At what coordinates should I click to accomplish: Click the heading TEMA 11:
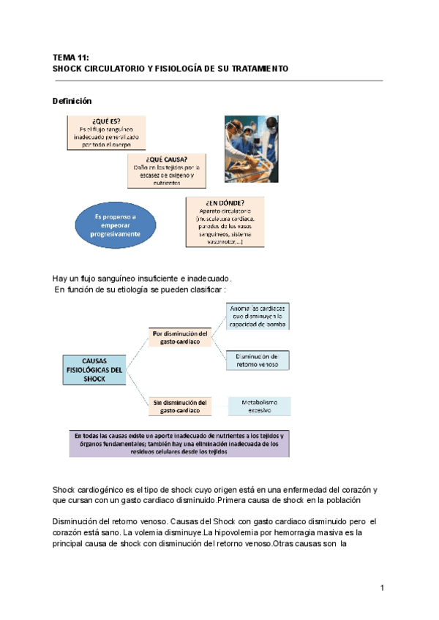pos(70,56)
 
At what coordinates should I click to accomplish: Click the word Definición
pos(72,101)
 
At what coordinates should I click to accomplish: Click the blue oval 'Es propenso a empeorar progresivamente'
pos(115,225)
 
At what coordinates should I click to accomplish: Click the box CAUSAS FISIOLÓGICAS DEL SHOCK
pos(94,370)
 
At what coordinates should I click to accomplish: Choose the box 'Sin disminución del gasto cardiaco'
pos(180,407)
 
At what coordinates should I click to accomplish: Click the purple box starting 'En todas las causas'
pos(179,444)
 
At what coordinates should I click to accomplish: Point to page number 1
pos(382,588)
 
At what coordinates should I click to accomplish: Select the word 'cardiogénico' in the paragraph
pos(105,489)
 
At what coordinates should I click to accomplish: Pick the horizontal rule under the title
pos(218,81)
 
